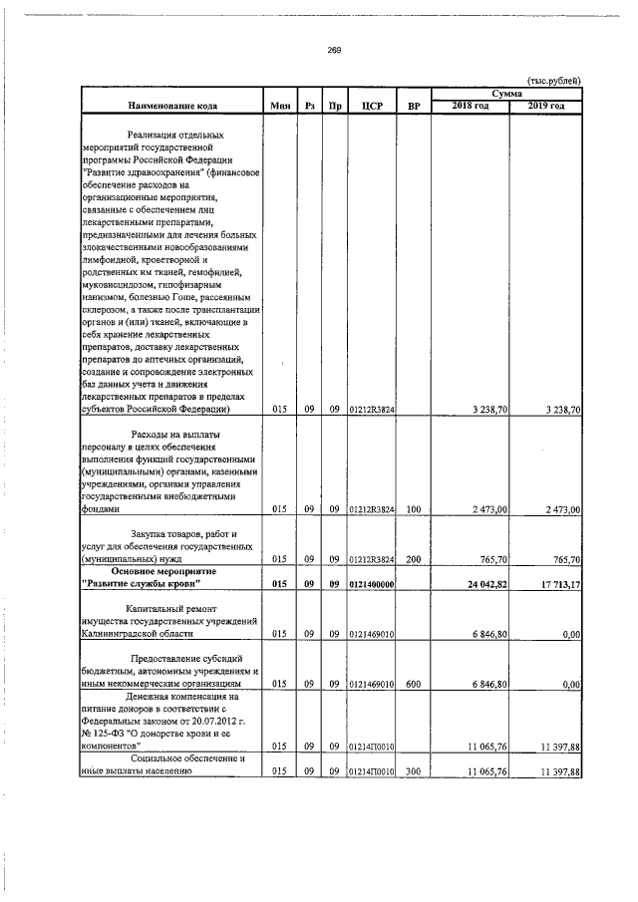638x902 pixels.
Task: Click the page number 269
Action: (x=334, y=52)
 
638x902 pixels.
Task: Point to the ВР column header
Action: (x=414, y=106)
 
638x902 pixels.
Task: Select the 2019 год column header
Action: (x=546, y=106)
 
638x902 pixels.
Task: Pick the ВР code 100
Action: (x=414, y=509)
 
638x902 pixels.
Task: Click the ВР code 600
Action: (x=414, y=685)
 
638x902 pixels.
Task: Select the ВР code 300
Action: (x=414, y=771)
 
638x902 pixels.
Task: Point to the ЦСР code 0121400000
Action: (x=371, y=584)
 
